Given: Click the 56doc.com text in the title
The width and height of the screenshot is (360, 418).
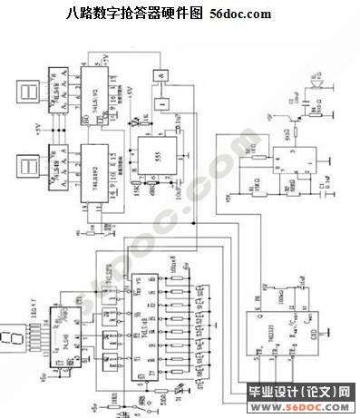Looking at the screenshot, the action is (x=240, y=15).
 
